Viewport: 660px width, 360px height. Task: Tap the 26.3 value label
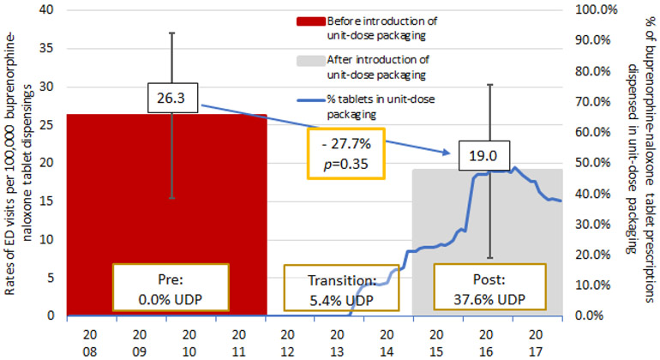tap(170, 99)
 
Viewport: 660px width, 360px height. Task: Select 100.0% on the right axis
tap(589, 10)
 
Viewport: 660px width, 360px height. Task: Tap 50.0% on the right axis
tap(589, 164)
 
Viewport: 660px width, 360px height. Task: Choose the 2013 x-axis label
tap(337, 339)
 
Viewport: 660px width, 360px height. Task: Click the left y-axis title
tap(15, 163)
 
